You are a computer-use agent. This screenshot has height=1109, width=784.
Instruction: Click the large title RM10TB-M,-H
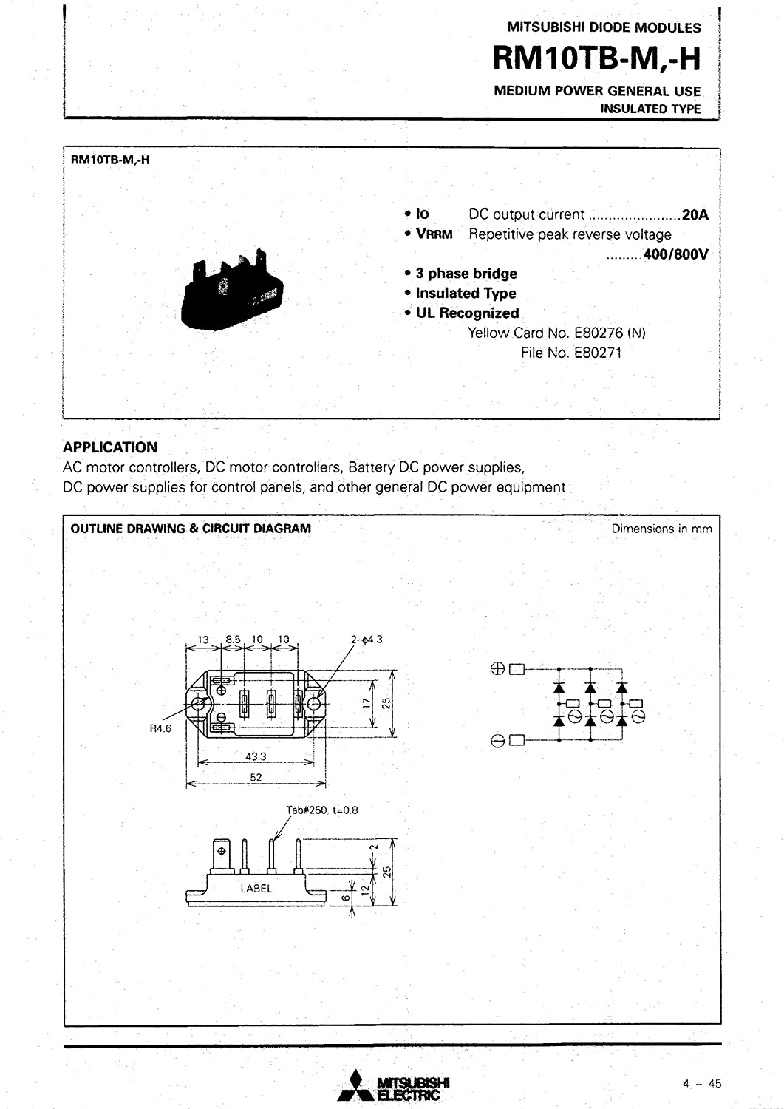(x=596, y=58)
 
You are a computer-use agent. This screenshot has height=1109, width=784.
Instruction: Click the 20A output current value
(x=695, y=214)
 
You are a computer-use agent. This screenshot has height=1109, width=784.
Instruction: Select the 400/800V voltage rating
(x=675, y=254)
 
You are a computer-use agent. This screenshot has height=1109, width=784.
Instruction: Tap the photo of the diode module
(x=234, y=289)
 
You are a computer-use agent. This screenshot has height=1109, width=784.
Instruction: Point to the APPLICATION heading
(x=110, y=447)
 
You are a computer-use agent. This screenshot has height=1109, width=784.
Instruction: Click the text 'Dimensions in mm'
(x=661, y=529)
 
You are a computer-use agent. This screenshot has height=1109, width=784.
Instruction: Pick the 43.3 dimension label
(x=256, y=757)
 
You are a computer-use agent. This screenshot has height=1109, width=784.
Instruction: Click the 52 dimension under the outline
(x=256, y=777)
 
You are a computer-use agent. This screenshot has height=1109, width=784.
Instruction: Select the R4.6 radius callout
(x=160, y=728)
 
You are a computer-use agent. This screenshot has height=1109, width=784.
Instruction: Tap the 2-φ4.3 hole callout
(x=367, y=640)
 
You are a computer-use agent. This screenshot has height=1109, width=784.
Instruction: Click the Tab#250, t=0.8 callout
(x=322, y=810)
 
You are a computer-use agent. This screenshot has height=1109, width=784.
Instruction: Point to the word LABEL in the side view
(x=256, y=889)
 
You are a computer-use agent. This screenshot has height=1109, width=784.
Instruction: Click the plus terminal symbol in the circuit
(x=497, y=669)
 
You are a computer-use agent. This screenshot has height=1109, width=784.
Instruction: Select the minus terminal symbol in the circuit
(x=497, y=740)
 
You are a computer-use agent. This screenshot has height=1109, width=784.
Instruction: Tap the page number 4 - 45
(x=701, y=1084)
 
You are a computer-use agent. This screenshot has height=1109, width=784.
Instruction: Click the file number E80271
(x=571, y=353)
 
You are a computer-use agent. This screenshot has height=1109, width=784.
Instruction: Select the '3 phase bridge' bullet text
(x=466, y=274)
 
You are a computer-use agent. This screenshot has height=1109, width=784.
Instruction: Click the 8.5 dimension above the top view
(x=233, y=640)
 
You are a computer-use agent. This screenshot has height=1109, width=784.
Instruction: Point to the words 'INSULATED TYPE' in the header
(x=650, y=109)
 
